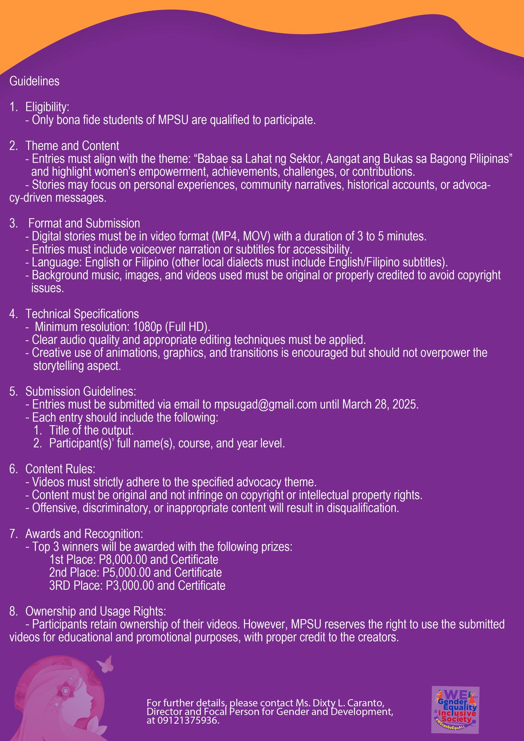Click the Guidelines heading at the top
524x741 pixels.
(x=34, y=81)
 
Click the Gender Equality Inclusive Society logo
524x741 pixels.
(x=455, y=710)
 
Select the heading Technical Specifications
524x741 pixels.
(x=82, y=313)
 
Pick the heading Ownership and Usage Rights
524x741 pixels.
(x=96, y=611)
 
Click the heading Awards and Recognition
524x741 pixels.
(x=84, y=534)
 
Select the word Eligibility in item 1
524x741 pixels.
(x=47, y=107)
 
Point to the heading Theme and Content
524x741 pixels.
(x=72, y=146)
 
